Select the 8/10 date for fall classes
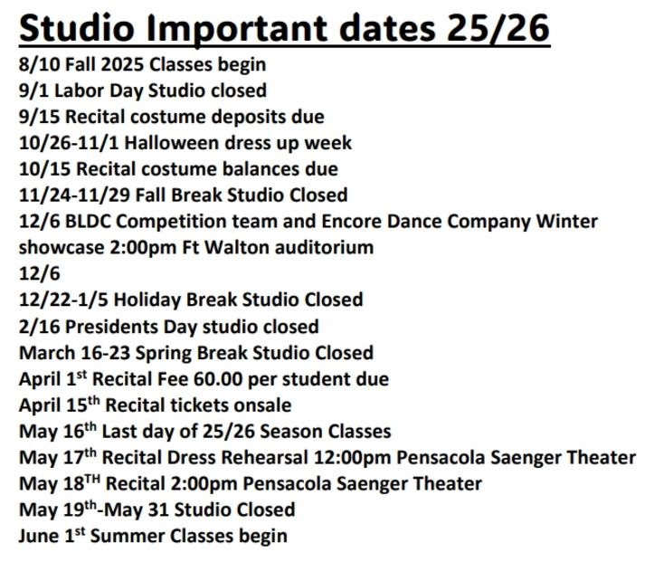[x=40, y=64]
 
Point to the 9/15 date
[x=40, y=117]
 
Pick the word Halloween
[x=172, y=143]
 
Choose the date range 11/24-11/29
[x=75, y=195]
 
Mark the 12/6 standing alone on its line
[x=40, y=274]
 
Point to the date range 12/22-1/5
[x=63, y=300]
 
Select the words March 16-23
[x=74, y=353]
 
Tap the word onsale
[x=262, y=405]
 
